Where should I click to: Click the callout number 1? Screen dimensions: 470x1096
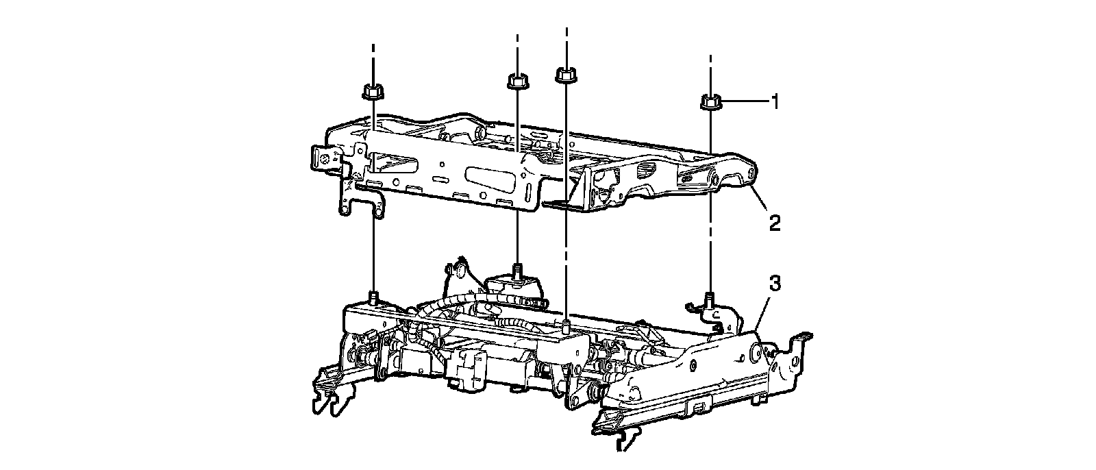pyautogui.click(x=775, y=103)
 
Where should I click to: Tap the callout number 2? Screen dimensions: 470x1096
pyautogui.click(x=774, y=223)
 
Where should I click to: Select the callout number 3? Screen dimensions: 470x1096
pyautogui.click(x=773, y=284)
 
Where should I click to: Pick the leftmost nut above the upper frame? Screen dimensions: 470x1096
pyautogui.click(x=372, y=90)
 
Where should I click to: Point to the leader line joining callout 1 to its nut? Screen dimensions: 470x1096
pyautogui.click(x=743, y=103)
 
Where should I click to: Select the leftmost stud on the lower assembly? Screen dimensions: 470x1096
pyautogui.click(x=374, y=297)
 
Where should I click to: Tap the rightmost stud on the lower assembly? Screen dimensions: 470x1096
pyautogui.click(x=710, y=298)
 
